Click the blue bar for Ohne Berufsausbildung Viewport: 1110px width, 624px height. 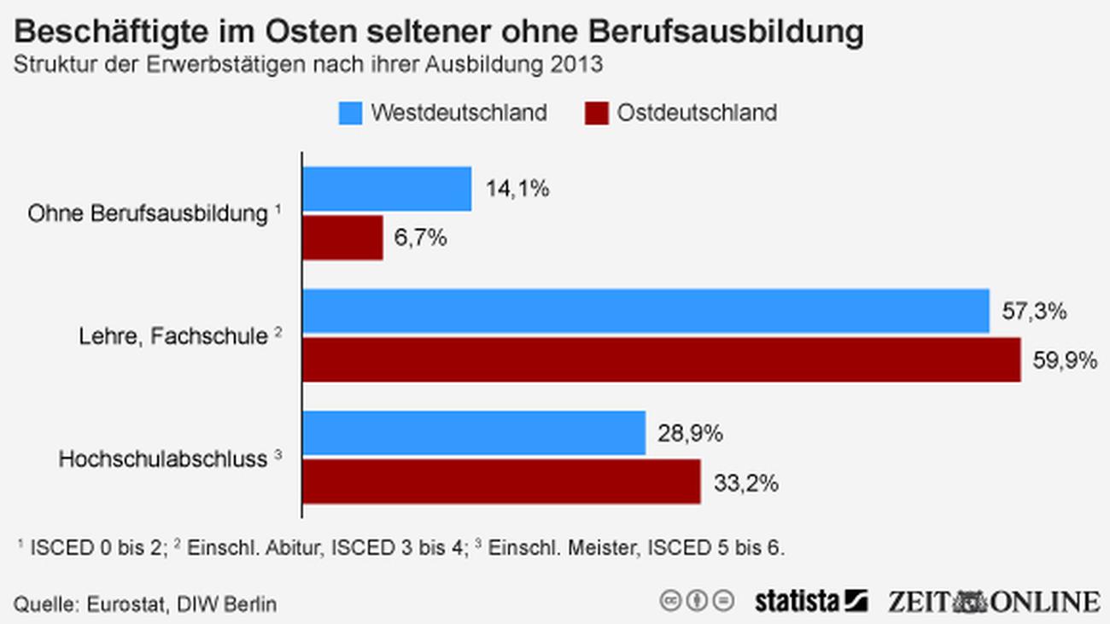pos(387,189)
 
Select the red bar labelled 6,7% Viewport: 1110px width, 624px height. pos(342,237)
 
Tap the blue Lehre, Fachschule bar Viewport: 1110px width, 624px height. pos(646,312)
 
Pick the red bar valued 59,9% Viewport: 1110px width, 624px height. pos(662,360)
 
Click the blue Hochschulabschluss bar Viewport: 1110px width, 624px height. pos(474,434)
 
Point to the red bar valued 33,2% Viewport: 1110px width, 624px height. pos(501,482)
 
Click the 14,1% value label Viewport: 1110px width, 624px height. pos(517,189)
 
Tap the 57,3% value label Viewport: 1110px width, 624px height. pos(1034,312)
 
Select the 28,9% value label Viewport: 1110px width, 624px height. pos(691,434)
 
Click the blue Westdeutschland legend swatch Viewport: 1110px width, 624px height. pos(350,113)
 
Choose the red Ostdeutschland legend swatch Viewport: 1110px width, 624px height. pos(597,113)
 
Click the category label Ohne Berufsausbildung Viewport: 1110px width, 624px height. pos(148,213)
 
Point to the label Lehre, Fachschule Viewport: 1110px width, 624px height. pos(173,336)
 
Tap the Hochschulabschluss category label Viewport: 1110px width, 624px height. pos(163,459)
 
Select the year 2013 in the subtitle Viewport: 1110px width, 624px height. pos(576,65)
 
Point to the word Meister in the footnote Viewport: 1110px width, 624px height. pos(610,547)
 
